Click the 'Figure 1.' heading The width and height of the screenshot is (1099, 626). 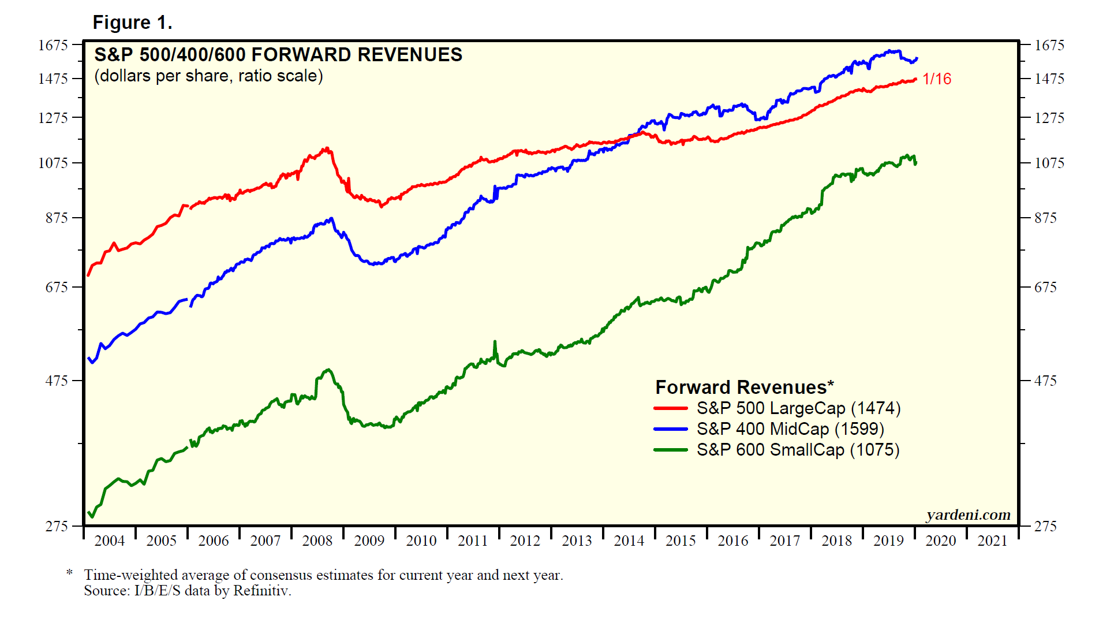point(132,23)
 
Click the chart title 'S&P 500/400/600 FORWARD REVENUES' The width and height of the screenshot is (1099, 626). point(278,55)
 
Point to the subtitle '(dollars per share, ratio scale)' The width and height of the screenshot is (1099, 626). point(208,76)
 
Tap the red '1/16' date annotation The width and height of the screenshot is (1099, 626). point(937,79)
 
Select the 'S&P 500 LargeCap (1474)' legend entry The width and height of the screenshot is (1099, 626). point(798,408)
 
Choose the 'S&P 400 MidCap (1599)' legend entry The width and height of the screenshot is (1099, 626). point(790,429)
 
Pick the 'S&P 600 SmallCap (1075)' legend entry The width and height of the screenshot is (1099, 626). point(798,450)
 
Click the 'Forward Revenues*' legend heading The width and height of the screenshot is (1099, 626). point(745,387)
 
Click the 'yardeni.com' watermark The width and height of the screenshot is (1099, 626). point(968,515)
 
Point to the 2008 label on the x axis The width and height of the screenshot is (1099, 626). point(317,541)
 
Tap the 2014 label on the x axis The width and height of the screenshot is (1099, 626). point(629,541)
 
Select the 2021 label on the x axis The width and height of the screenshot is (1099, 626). point(992,541)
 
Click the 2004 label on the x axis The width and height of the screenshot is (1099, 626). point(110,541)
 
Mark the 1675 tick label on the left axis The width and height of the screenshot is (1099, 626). point(53,45)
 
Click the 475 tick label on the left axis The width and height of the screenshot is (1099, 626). point(57,381)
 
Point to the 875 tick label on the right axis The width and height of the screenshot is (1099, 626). point(1045,218)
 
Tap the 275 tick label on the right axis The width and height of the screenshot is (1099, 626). point(1045,526)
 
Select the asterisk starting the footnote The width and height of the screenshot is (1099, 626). point(69,573)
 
